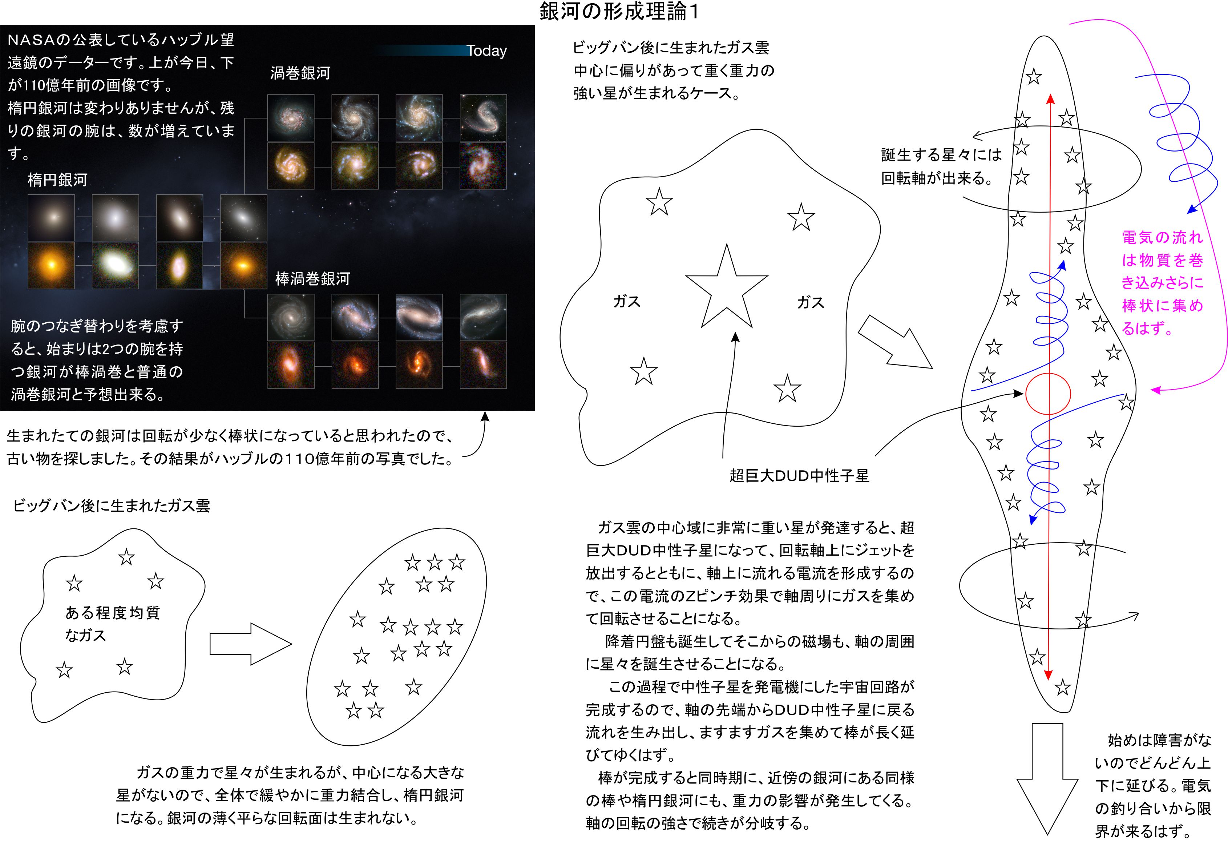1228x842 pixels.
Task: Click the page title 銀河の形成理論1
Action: coord(619,12)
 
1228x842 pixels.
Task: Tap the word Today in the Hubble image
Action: coord(486,51)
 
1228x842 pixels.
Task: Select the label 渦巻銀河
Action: coord(300,73)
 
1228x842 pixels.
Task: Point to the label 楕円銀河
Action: coord(57,180)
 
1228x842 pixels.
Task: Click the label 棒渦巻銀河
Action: coord(312,279)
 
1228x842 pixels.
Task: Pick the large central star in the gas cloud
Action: coord(727,288)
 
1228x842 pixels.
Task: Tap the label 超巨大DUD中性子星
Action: coord(799,476)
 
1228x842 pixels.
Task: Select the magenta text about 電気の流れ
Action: coord(1163,283)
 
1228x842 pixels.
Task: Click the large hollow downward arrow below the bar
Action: coord(1047,778)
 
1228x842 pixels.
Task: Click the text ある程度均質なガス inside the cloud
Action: coord(112,624)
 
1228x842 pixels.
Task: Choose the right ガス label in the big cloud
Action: coord(811,303)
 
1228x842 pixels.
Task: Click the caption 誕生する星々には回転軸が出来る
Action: coord(941,166)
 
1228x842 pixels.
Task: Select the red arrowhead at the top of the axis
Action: coord(1050,99)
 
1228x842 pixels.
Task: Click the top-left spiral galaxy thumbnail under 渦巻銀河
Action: coord(291,117)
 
